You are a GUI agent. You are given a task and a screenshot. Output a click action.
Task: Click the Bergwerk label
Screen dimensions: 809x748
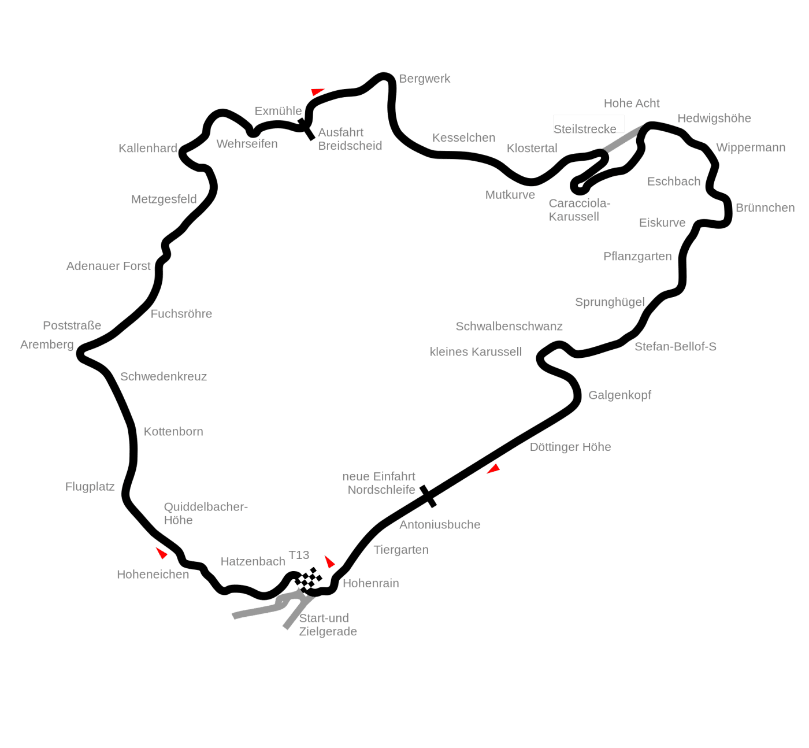(424, 79)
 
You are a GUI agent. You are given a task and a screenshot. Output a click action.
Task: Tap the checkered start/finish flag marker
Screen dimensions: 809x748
(309, 578)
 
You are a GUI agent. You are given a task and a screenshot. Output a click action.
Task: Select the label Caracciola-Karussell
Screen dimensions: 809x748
(579, 209)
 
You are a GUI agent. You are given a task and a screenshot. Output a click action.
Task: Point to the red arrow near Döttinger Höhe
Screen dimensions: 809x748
(493, 469)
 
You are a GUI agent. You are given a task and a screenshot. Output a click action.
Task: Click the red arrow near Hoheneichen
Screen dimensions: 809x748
(162, 553)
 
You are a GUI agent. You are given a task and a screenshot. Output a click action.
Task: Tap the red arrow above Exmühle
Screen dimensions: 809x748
(317, 92)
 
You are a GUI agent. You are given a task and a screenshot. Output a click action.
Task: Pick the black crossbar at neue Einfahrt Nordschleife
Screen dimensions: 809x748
(428, 496)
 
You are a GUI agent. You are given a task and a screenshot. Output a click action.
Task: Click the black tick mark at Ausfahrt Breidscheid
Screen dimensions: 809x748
(306, 129)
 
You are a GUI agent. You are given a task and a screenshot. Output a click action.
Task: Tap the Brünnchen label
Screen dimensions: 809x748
(765, 208)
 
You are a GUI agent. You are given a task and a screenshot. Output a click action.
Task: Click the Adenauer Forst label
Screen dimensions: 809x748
(109, 266)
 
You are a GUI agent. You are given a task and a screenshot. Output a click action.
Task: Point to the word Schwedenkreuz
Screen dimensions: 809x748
(164, 377)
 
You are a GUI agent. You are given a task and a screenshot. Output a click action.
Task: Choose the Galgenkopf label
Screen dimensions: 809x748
(619, 395)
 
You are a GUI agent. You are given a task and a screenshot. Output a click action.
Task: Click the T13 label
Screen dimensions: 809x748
(299, 555)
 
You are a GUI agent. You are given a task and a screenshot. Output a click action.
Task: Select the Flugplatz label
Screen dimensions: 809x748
(90, 487)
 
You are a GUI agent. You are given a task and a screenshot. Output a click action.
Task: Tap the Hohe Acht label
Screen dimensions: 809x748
(631, 103)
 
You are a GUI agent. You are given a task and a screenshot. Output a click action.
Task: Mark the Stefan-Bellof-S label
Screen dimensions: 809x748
(675, 347)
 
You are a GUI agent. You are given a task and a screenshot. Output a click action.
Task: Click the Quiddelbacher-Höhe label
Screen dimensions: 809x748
(206, 514)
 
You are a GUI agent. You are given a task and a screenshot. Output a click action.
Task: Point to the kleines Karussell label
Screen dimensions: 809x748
(476, 352)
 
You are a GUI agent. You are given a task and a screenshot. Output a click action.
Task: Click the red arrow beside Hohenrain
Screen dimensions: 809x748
(329, 561)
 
